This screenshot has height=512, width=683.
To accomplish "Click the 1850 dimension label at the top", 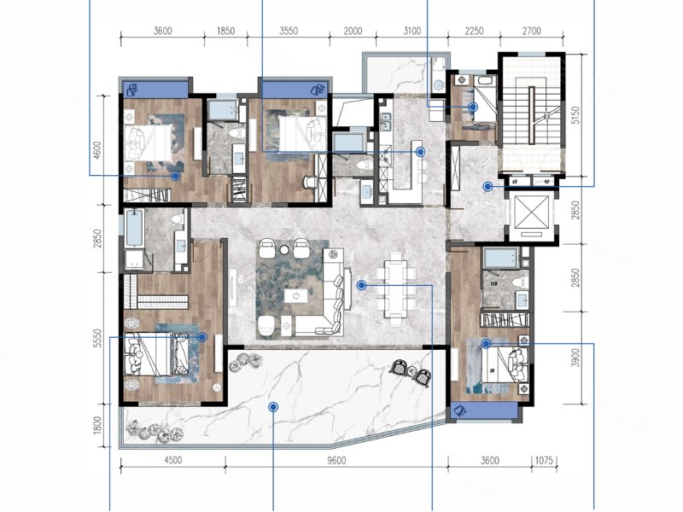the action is coord(225,31).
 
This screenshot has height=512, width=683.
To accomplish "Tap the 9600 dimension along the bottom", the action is coord(336,460).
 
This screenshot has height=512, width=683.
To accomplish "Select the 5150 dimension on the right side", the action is coord(575,116).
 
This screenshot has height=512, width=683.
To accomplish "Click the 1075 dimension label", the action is coord(544,460).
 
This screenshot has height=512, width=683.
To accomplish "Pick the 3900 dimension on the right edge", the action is coord(575,358).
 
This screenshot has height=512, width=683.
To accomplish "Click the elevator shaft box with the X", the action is coord(531,217).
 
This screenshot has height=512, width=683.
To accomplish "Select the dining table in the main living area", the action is coord(396,288).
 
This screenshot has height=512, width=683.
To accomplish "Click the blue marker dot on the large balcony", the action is coord(273,407).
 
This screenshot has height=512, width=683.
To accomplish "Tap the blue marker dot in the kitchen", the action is coord(420,152).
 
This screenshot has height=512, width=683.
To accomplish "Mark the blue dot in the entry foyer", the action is coord(487,187).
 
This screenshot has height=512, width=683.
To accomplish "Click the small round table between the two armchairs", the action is coord(284,249).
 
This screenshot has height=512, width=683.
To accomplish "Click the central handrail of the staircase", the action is coord(531,115).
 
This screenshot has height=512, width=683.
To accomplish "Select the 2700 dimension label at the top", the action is coord(531,31).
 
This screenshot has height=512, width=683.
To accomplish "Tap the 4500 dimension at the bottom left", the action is coord(173,460).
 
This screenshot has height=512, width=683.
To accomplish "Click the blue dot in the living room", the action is coord(361,286).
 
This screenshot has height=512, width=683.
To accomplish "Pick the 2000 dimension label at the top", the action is coord(353,31).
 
